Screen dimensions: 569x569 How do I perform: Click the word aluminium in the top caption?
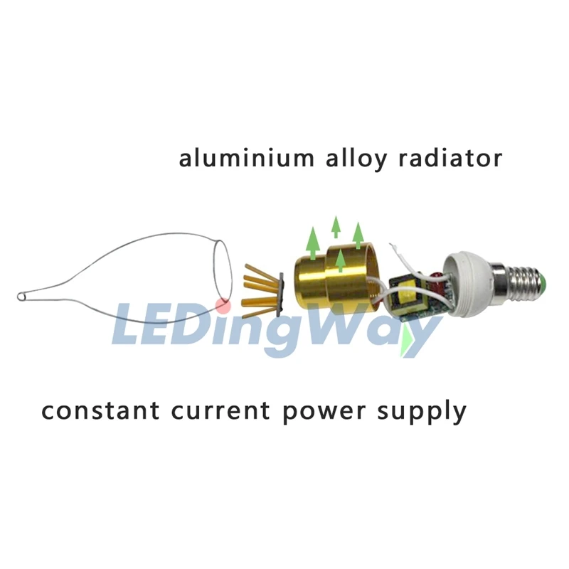(x=247, y=158)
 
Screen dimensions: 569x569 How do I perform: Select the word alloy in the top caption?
(x=356, y=160)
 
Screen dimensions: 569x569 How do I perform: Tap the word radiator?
(x=450, y=158)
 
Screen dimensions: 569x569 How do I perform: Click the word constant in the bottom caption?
(x=100, y=410)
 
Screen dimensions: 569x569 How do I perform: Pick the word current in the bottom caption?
(x=221, y=410)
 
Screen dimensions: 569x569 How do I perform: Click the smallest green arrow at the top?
(x=336, y=226)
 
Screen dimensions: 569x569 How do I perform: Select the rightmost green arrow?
(x=358, y=237)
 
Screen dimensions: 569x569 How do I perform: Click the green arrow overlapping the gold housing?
(x=340, y=260)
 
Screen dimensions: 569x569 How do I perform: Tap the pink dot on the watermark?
(x=222, y=305)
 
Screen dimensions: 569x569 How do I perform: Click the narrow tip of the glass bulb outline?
(x=21, y=297)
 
